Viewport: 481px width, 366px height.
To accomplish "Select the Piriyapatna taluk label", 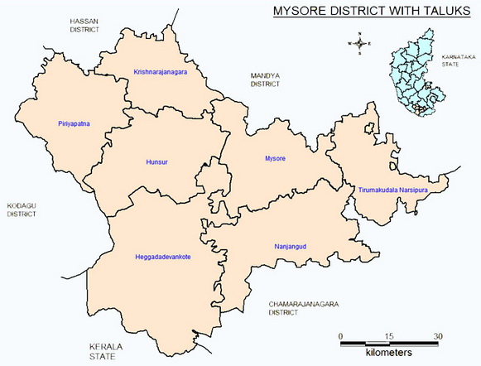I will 74,123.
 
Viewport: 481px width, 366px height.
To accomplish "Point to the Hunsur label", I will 156,161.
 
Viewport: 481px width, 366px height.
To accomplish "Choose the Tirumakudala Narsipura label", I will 392,190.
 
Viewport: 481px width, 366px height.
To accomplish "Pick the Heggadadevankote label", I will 162,258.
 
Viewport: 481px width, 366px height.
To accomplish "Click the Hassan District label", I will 85,24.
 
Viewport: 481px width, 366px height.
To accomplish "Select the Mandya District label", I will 266,79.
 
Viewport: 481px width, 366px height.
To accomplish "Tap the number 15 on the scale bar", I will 389,335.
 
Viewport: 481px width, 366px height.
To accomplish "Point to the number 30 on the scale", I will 438,335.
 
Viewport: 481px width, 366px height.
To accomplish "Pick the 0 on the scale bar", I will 342,335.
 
